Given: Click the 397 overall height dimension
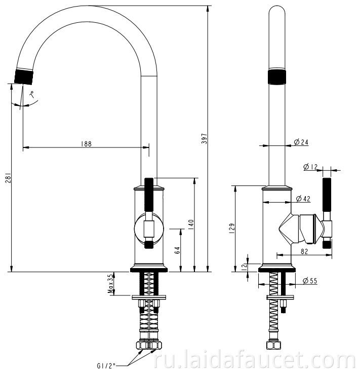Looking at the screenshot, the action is click(204, 138).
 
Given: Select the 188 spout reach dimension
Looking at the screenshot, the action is click(86, 144).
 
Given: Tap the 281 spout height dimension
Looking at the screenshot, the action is click(8, 178).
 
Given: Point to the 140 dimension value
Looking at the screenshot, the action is click(191, 225).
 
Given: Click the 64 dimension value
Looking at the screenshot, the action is click(177, 250).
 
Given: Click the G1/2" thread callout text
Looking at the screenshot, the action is click(106, 365).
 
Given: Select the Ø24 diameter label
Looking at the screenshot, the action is click(301, 142).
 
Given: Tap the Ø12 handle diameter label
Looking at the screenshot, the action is click(310, 167).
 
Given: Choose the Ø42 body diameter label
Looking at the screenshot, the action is click(303, 198).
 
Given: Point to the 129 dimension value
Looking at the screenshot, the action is click(232, 228).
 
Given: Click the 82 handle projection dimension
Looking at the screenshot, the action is click(304, 251).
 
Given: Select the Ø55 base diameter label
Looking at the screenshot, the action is click(310, 281).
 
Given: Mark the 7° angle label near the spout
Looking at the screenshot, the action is click(32, 95).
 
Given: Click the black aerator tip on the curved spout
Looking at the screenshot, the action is click(23, 77).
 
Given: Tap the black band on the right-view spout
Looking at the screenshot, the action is click(277, 77).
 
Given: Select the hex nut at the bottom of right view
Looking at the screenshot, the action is click(274, 345).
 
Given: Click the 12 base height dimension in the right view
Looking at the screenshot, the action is click(244, 267).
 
